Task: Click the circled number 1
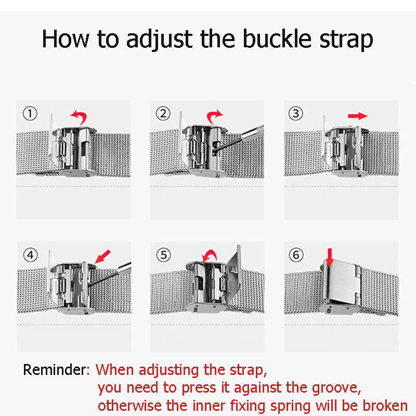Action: tap(30, 114)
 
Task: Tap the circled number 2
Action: tap(163, 114)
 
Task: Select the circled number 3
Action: tap(296, 114)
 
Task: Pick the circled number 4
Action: tap(31, 255)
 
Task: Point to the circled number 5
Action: tap(164, 255)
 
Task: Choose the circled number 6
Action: tap(296, 255)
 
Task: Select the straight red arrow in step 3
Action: tap(358, 116)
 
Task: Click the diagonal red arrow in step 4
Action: tap(102, 256)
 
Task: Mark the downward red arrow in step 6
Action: tap(330, 258)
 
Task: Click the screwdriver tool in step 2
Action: tap(239, 140)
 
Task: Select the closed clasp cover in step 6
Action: tap(342, 282)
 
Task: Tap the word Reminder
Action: tap(55, 370)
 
